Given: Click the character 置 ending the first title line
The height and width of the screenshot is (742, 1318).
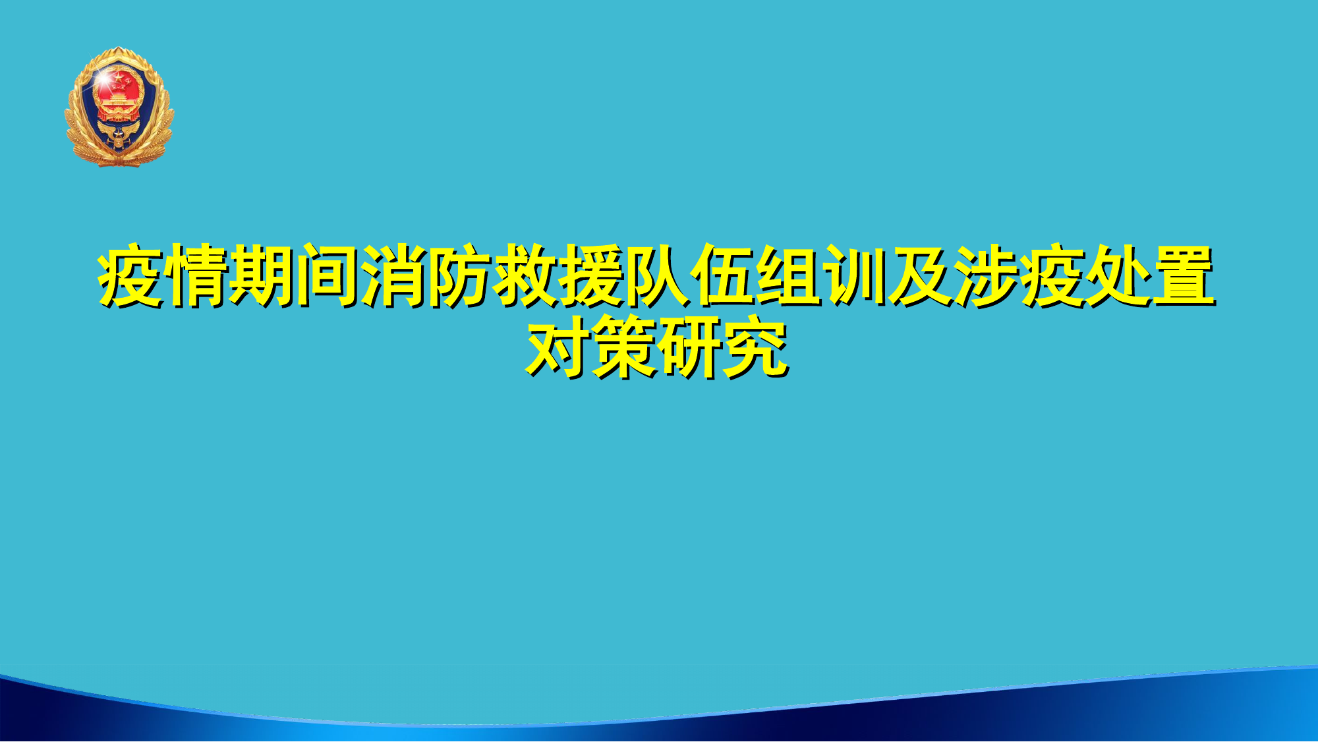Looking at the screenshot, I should [x=1184, y=275].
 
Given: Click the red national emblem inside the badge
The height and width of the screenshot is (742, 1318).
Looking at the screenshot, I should [x=119, y=96].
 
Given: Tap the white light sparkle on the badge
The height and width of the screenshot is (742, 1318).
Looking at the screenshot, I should [x=103, y=78].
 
